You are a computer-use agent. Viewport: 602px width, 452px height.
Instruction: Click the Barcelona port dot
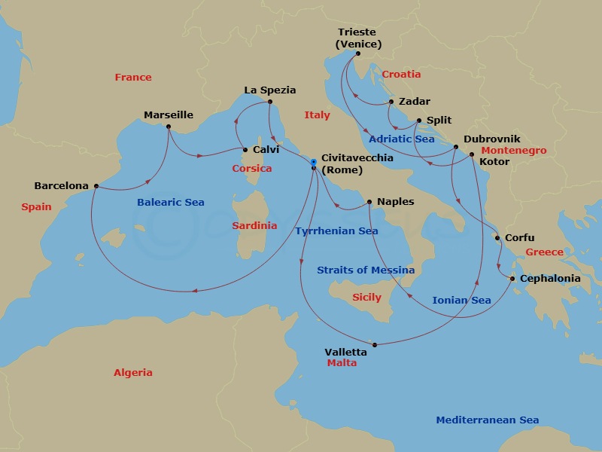point(96,186)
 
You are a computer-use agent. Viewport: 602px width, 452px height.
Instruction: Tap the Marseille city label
point(169,115)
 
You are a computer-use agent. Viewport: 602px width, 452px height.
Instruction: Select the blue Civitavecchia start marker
point(314,161)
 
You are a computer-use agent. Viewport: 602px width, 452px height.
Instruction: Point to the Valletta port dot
point(374,345)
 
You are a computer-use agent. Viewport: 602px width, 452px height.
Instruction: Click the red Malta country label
point(342,363)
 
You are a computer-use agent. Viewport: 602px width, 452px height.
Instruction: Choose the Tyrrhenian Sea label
point(336,231)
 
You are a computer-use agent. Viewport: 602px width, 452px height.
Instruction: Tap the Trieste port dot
point(357,53)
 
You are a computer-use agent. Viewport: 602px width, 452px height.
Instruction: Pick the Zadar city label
point(415,102)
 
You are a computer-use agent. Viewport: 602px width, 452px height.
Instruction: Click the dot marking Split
point(419,120)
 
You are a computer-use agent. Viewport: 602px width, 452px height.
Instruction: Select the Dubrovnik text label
point(492,139)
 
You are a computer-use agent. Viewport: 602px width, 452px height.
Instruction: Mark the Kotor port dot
point(472,154)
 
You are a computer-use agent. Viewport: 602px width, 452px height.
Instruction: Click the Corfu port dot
point(497,238)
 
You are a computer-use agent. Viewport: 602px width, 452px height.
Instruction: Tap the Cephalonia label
point(550,279)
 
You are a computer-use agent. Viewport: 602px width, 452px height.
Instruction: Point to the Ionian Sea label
point(461,301)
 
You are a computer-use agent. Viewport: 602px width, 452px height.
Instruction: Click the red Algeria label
point(133,373)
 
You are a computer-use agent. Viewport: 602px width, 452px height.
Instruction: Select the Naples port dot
point(369,202)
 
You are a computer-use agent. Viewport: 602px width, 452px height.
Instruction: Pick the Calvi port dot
point(245,149)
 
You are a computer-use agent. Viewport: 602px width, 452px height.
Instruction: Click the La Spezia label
point(270,90)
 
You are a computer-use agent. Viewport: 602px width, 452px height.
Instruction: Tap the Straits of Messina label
point(366,270)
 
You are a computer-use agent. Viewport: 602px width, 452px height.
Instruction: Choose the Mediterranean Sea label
point(488,420)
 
